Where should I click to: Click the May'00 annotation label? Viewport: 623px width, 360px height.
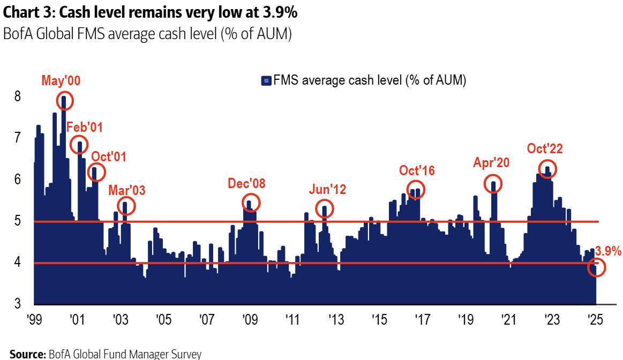click(61, 81)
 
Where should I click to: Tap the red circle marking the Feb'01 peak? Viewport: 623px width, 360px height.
click(79, 145)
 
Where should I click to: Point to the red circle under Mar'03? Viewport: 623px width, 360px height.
click(126, 206)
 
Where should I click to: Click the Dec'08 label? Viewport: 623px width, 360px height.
click(246, 184)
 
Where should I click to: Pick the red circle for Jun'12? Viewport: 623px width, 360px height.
click(325, 208)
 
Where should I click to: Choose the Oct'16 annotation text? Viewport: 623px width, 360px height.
click(417, 170)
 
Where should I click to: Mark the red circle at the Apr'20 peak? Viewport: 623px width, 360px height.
click(493, 184)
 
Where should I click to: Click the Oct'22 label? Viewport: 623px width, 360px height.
click(544, 148)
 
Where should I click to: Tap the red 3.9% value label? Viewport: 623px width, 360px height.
click(608, 251)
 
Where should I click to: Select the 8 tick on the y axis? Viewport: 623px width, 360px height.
click(18, 97)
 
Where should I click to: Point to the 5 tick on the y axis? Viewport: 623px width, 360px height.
click(18, 221)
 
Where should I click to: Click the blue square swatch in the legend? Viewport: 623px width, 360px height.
click(266, 81)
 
